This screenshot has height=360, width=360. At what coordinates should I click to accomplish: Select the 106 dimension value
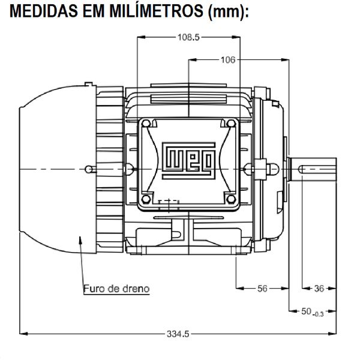227,60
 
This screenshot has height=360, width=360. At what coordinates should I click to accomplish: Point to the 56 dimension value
262,289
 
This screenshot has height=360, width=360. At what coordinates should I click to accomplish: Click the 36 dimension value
319,289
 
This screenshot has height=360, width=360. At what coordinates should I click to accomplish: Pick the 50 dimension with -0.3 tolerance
311,311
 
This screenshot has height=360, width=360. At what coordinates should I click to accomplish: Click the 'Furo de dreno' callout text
116,289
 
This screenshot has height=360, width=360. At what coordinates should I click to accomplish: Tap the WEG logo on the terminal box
188,160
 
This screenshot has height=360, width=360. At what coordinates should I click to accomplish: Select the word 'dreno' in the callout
134,289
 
